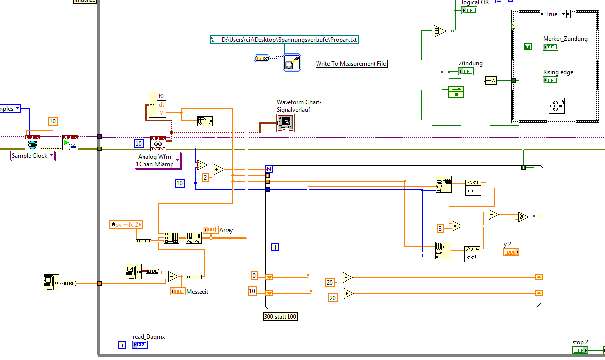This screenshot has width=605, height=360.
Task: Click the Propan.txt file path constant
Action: (284, 40)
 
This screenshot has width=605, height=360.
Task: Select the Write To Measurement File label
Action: (351, 64)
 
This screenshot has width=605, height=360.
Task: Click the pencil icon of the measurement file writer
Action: (291, 63)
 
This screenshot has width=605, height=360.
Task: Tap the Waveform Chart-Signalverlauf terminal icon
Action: (285, 123)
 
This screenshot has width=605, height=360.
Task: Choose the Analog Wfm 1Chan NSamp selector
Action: (158, 160)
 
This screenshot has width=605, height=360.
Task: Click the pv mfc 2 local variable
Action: (125, 225)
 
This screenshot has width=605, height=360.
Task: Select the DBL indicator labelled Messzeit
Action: (177, 291)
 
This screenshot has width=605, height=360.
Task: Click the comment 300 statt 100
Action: (281, 317)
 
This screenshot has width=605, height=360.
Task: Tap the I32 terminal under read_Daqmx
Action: (140, 345)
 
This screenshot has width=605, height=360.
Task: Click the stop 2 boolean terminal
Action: (580, 350)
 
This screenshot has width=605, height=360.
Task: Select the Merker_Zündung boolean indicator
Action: (550, 47)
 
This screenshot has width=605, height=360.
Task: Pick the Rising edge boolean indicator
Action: (550, 80)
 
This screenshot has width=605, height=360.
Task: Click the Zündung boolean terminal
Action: (465, 71)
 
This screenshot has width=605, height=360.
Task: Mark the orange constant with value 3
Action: (441, 228)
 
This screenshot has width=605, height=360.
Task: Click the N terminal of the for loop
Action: (269, 169)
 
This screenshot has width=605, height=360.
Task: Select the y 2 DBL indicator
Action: (511, 252)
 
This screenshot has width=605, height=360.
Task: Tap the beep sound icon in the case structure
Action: (557, 105)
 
